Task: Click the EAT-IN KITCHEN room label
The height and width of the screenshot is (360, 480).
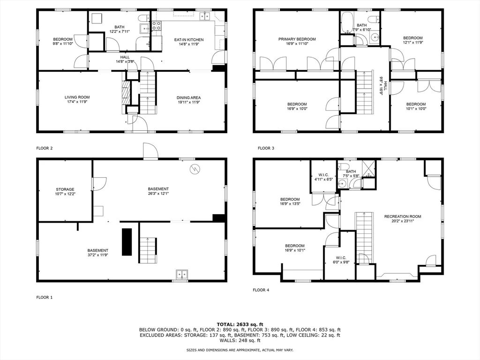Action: point(189,40)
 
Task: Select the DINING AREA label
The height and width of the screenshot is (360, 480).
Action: point(188,97)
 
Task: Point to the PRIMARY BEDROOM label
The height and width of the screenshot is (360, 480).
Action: point(297,39)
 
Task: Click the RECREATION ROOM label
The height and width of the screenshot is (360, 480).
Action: point(403,217)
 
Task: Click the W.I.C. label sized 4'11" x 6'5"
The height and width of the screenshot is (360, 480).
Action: point(323,175)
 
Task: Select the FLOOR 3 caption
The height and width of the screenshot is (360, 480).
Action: point(266,148)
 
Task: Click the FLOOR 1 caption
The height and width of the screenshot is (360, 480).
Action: point(45,297)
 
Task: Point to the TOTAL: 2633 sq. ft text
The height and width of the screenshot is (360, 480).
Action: point(240,324)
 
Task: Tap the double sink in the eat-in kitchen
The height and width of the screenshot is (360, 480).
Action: point(205,17)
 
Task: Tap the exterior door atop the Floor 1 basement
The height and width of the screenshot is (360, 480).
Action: point(150,151)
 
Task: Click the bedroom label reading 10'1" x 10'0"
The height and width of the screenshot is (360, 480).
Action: point(416,106)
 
